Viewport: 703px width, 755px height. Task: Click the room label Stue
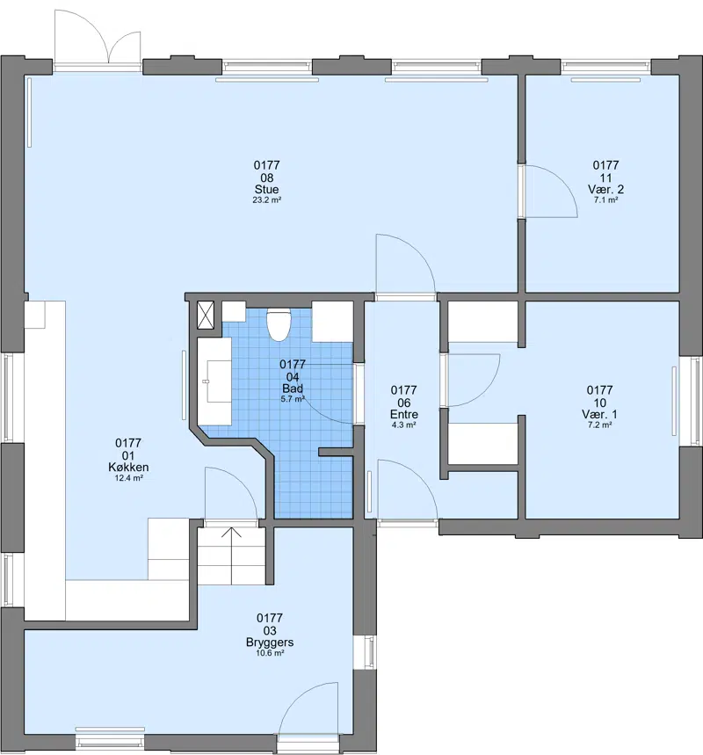click(266, 189)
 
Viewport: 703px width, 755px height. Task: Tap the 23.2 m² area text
click(267, 200)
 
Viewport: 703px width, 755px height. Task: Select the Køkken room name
click(128, 467)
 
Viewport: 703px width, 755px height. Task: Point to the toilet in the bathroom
click(279, 324)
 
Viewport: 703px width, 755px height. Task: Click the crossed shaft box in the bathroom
click(206, 315)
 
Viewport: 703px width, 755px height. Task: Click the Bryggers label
click(270, 642)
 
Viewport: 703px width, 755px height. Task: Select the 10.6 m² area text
click(270, 653)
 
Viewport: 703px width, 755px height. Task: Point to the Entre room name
click(404, 414)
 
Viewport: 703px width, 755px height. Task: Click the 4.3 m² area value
click(404, 425)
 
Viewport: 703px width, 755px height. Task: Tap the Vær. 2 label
click(605, 189)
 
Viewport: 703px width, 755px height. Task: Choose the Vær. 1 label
click(599, 414)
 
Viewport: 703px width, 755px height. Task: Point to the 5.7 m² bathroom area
click(293, 399)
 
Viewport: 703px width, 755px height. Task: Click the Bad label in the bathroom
click(293, 388)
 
